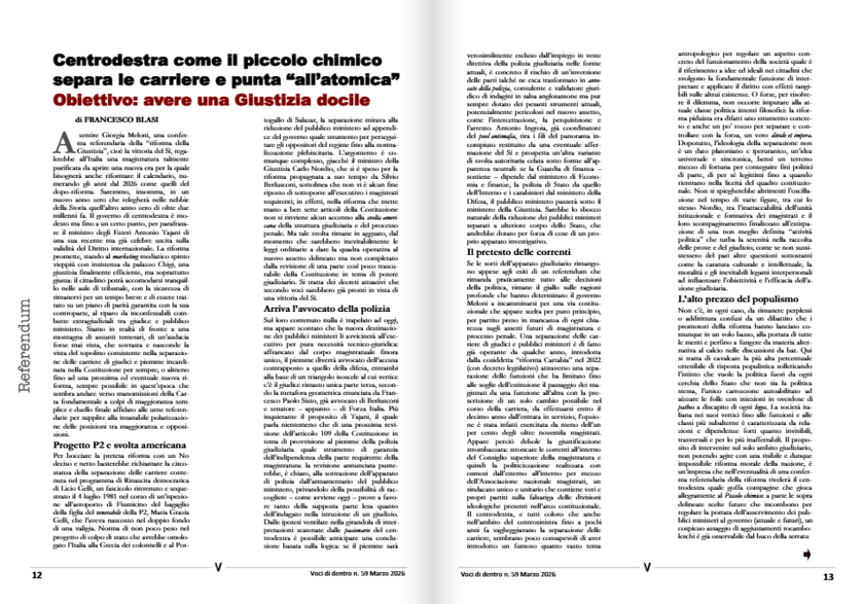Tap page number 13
(x=827, y=576)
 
